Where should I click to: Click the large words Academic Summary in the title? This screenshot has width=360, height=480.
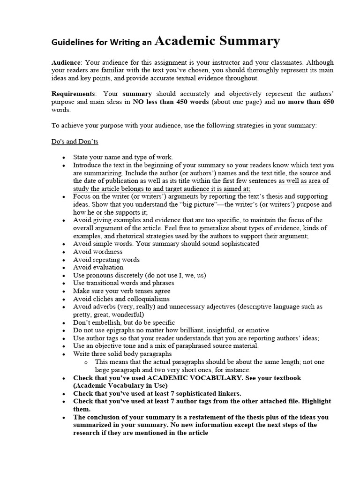(217, 41)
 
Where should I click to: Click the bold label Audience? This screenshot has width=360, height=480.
(66, 62)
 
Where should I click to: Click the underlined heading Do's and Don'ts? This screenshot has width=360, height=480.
(75, 141)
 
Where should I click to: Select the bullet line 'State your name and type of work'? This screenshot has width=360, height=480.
(123, 157)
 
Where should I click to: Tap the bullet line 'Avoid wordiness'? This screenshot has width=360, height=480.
(97, 252)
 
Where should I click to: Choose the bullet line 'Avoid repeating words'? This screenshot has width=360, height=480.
(106, 260)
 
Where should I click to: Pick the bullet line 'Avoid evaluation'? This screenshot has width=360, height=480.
(98, 267)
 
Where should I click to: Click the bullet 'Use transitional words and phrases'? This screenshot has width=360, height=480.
(123, 283)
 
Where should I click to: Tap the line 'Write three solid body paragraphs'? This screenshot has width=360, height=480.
(122, 354)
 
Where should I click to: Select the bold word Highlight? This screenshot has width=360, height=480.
(316, 401)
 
